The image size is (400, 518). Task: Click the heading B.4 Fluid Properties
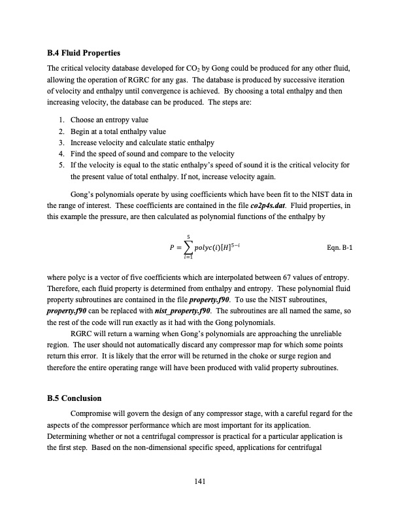tap(84, 52)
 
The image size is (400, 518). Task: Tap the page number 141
tap(201, 481)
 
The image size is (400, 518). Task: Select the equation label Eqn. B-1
tap(339, 249)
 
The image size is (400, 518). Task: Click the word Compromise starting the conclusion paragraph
tap(94, 413)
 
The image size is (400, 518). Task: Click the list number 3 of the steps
tap(61, 142)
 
